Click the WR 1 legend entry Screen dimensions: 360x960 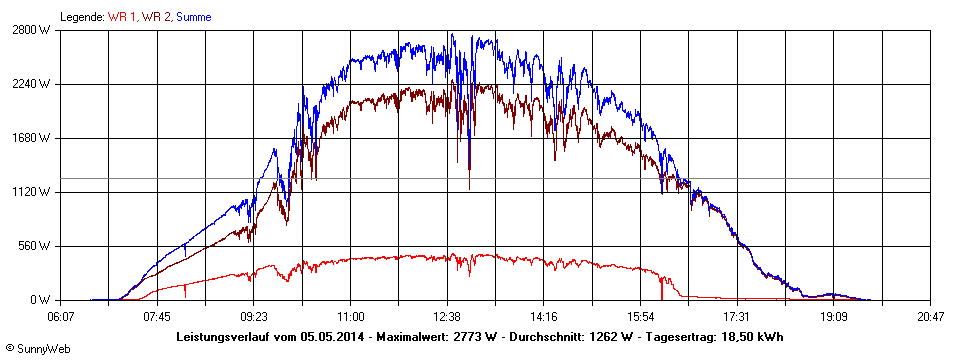[122, 17]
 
